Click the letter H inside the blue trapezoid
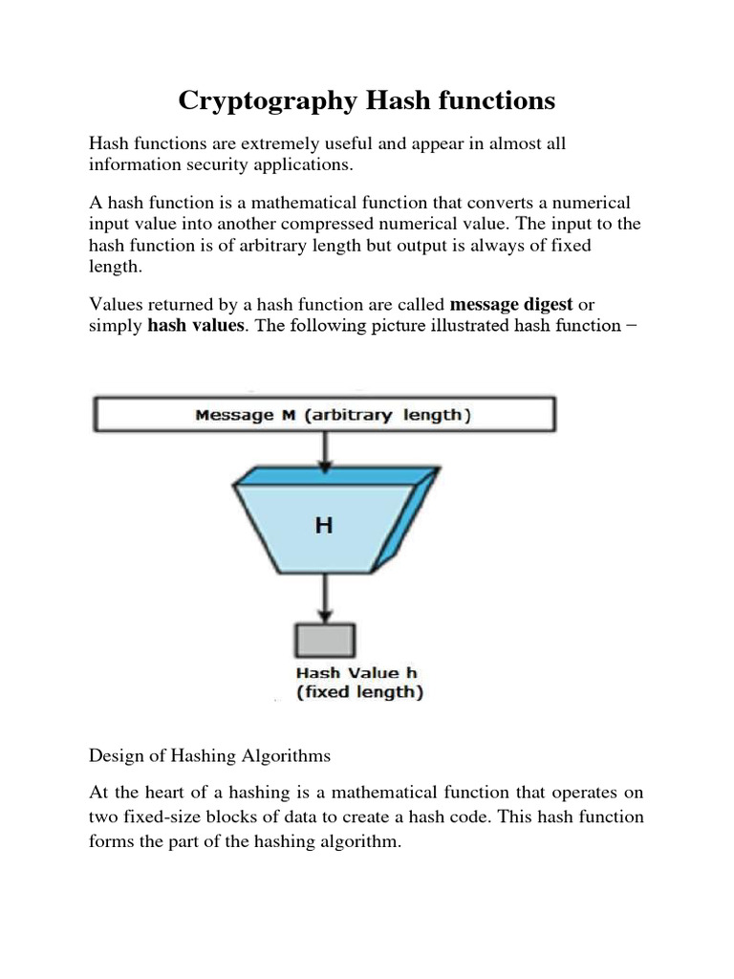click(x=324, y=524)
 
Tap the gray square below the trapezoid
click(x=325, y=639)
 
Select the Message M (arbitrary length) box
click(x=323, y=415)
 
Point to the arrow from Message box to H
click(x=325, y=449)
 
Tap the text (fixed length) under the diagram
click(x=358, y=692)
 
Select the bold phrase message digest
click(x=511, y=304)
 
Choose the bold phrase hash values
click(x=194, y=325)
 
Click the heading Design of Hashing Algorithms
click(x=209, y=755)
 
